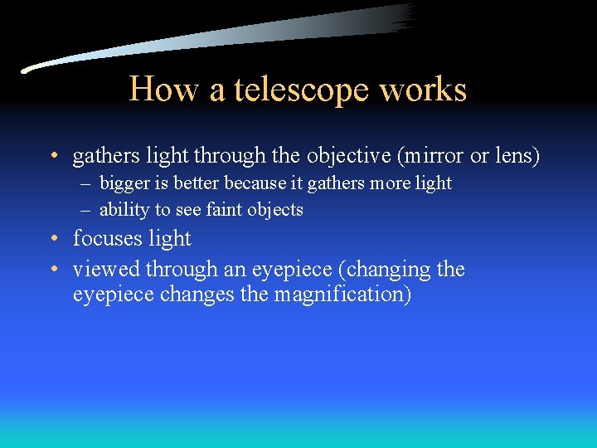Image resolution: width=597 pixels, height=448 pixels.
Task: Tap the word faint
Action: [226, 209]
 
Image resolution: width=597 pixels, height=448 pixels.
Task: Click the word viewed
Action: [106, 269]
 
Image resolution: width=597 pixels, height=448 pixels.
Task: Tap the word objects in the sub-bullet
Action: [276, 209]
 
